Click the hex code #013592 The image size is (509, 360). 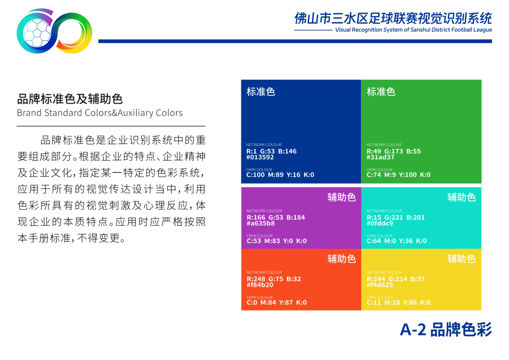[260, 157]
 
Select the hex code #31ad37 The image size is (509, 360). [380, 157]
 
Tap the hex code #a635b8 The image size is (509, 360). [261, 223]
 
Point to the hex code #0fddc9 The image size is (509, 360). [380, 223]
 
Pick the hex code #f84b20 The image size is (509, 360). [260, 285]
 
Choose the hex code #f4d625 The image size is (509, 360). [380, 285]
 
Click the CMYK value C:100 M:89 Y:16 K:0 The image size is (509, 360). [280, 175]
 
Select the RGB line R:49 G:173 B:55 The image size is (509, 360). [394, 151]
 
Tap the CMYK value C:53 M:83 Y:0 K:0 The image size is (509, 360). [277, 241]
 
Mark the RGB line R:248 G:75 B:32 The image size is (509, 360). [274, 279]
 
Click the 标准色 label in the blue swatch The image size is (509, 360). [261, 92]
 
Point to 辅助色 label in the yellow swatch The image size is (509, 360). [461, 259]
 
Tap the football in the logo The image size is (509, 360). [37, 33]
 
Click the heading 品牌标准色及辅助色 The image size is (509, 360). [70, 99]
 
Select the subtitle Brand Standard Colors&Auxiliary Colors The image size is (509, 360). [99, 113]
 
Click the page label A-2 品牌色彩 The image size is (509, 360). [446, 330]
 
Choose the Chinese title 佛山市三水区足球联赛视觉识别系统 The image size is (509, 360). [393, 18]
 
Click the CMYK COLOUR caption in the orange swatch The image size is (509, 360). [259, 297]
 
